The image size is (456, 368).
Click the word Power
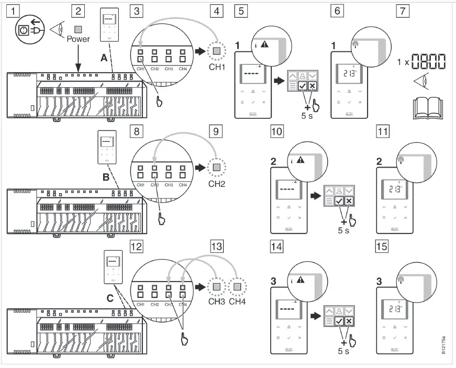78,39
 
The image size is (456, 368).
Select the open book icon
426,108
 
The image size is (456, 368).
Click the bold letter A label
104,59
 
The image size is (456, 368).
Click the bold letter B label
105,177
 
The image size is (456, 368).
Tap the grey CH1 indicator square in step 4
217,51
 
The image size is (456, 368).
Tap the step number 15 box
382,246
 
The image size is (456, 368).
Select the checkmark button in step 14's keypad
339,322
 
